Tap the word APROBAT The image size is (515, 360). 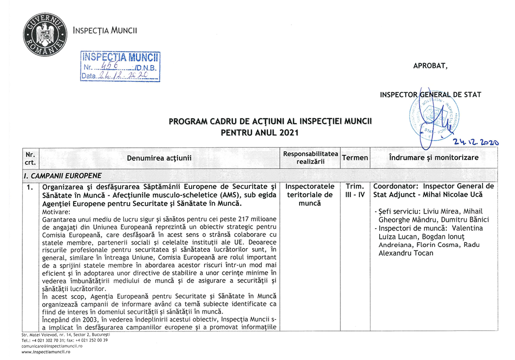pyautogui.click(x=431, y=66)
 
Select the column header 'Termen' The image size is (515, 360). pyautogui.click(x=355, y=158)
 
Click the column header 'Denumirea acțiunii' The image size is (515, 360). pyautogui.click(x=159, y=158)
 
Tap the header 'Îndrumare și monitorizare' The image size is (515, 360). pyautogui.click(x=434, y=158)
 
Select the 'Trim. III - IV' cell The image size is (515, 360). pyautogui.click(x=355, y=190)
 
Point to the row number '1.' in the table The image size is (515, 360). pyautogui.click(x=30, y=187)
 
